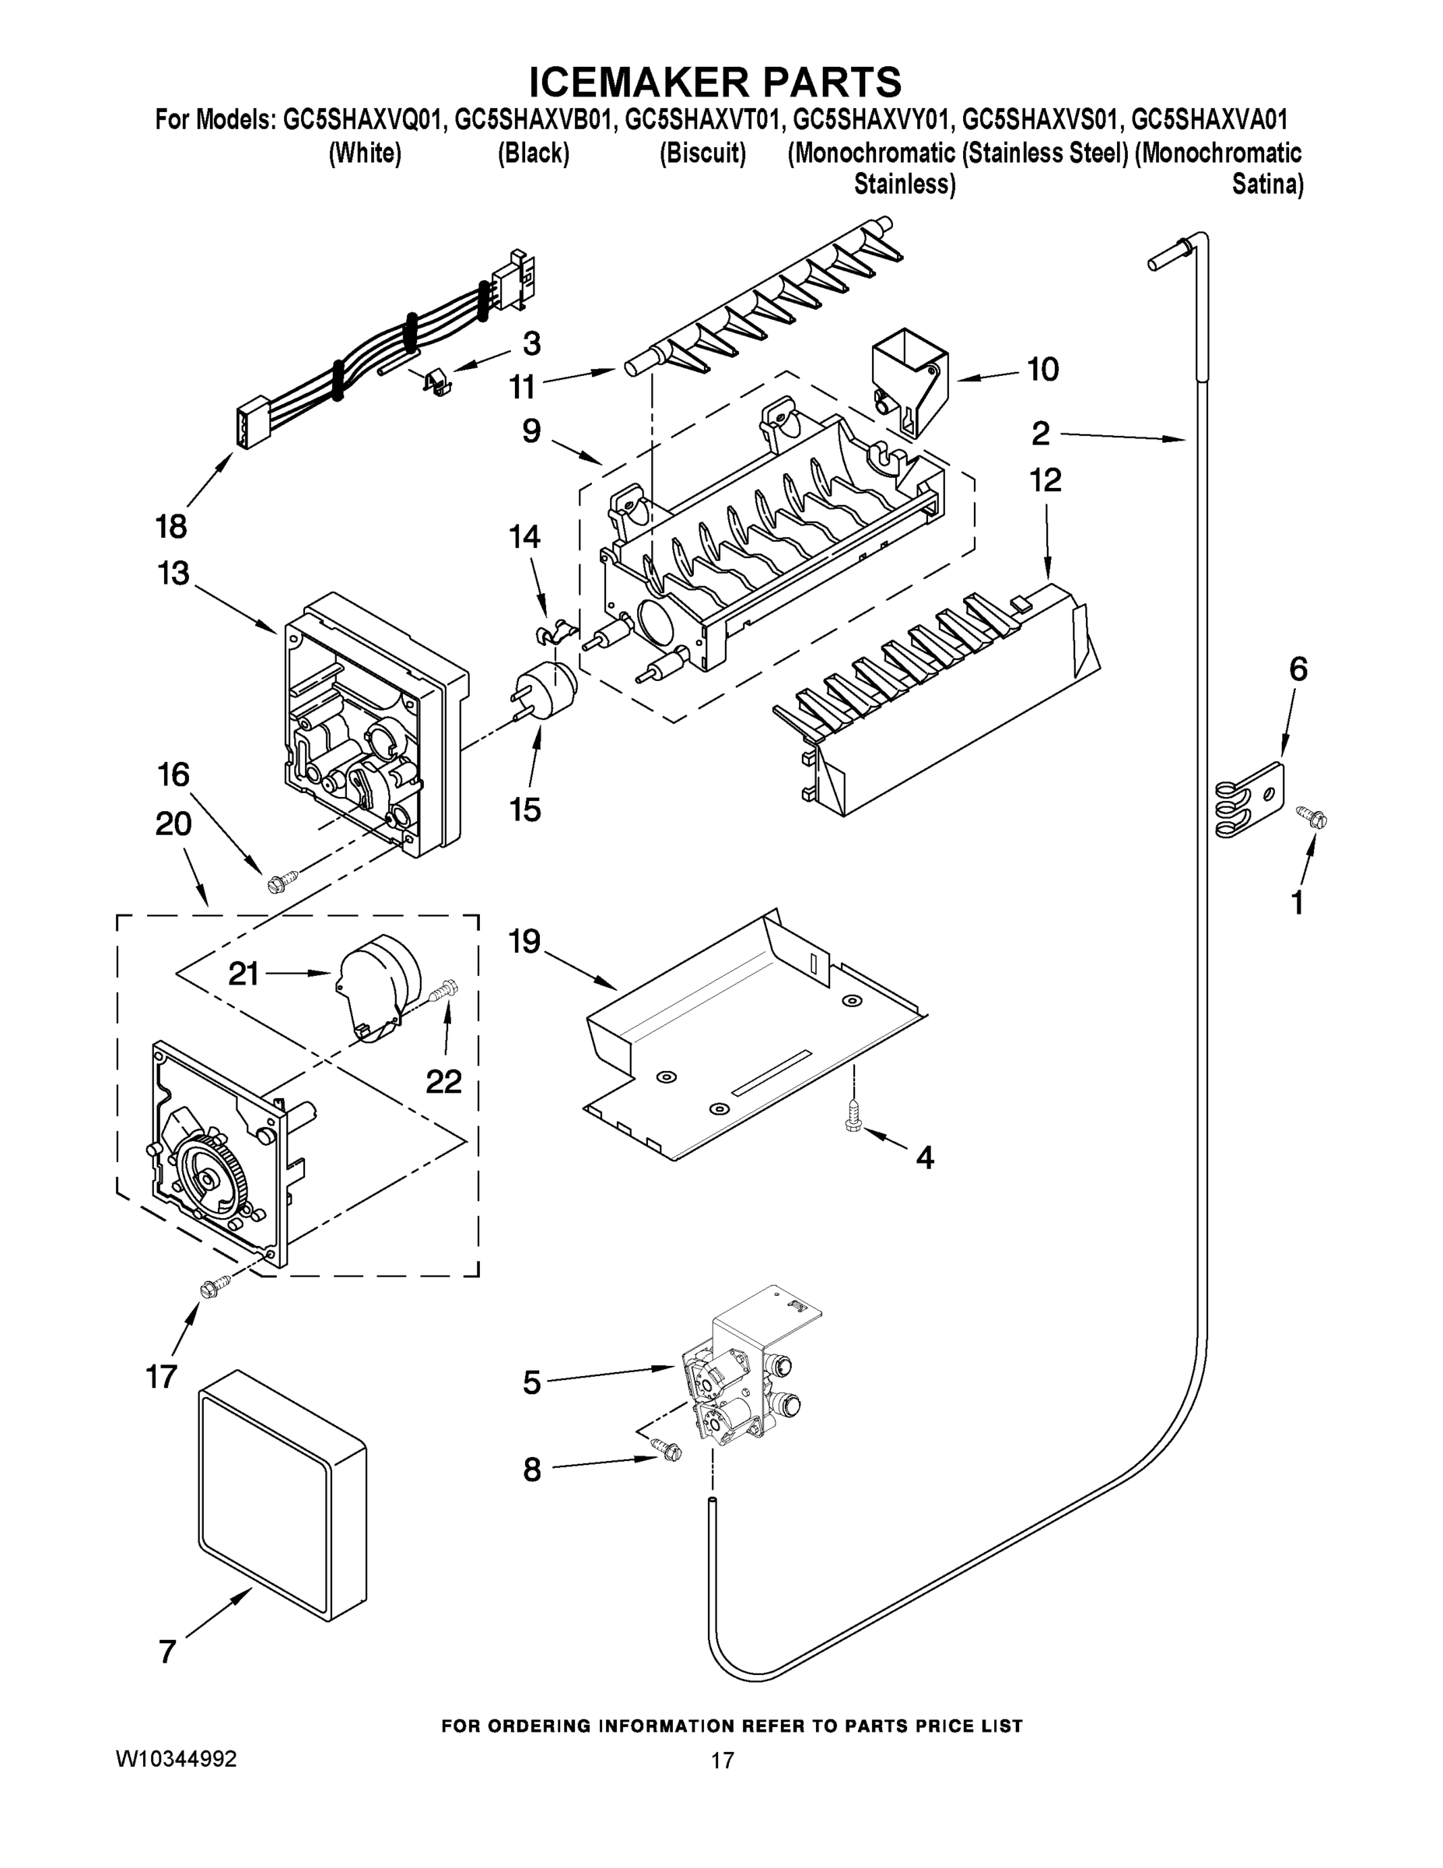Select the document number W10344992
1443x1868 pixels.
tap(176, 1759)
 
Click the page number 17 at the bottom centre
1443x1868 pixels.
tap(723, 1761)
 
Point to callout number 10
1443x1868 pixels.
tap(1042, 370)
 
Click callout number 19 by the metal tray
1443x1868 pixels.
tap(524, 943)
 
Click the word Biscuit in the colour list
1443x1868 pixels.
tap(702, 154)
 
